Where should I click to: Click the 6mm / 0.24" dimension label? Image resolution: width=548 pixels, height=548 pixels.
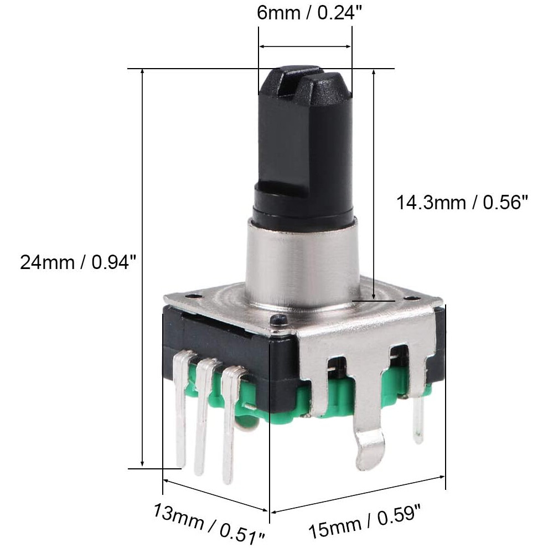pyautogui.click(x=309, y=13)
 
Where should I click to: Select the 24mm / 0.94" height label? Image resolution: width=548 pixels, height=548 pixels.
pyautogui.click(x=77, y=262)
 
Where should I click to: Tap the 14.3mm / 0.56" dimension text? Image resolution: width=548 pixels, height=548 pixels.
pyautogui.click(x=462, y=203)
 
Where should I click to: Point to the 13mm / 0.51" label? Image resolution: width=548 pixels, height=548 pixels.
pyautogui.click(x=209, y=523)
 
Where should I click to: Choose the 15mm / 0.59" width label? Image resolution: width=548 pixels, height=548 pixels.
pyautogui.click(x=364, y=521)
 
